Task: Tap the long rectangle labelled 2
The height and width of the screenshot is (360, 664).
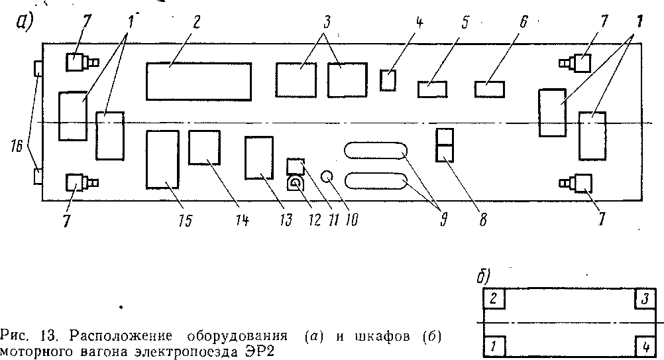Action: [x=199, y=81]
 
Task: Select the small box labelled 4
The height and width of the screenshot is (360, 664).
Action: [x=388, y=80]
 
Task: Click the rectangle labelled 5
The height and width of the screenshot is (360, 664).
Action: [x=433, y=89]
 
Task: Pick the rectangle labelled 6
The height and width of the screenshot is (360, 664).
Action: [x=490, y=89]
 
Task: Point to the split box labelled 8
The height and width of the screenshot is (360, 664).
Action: [x=444, y=145]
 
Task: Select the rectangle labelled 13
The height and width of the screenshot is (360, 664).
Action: [x=258, y=157]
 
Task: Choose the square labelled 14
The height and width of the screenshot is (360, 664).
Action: [x=205, y=147]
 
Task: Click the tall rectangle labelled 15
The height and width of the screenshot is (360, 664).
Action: [x=162, y=160]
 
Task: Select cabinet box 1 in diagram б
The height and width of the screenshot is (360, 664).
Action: [x=494, y=346]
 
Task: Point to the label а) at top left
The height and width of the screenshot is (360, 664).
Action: [x=23, y=23]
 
